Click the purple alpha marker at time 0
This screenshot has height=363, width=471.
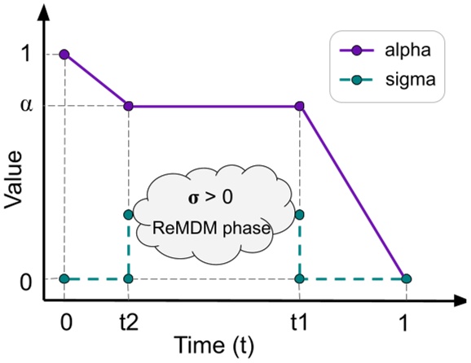[64, 55]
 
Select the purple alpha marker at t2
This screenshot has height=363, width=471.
[128, 106]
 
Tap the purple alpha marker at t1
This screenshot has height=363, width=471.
[300, 106]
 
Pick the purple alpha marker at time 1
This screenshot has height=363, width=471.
[405, 279]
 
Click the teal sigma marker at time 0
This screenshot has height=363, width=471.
[64, 279]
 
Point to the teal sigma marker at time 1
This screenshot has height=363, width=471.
[405, 279]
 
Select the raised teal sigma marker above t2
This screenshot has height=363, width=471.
[128, 215]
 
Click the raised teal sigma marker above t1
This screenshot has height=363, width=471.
[300, 215]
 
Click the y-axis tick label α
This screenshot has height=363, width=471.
[28, 106]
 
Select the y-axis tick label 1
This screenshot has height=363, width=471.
[28, 55]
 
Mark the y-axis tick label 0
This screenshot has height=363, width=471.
[28, 281]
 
